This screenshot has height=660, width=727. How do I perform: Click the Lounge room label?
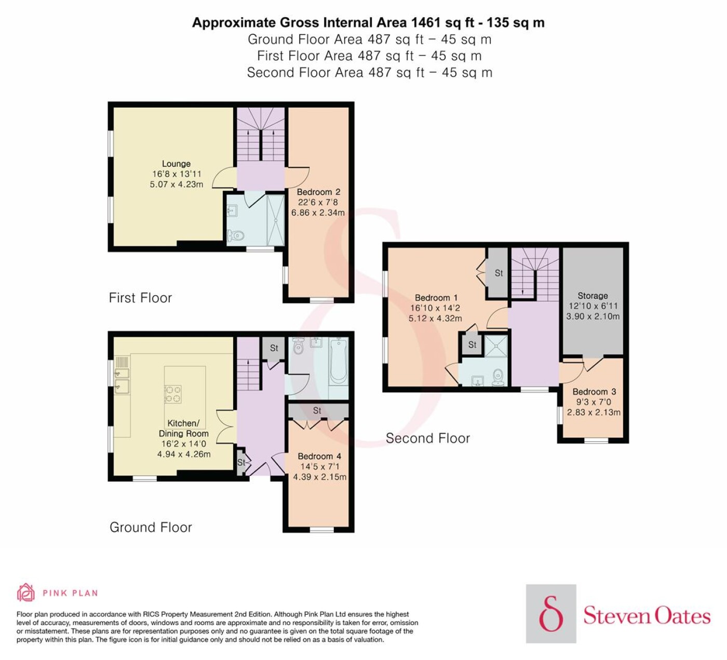click(176, 164)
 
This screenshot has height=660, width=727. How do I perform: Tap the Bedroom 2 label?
click(318, 192)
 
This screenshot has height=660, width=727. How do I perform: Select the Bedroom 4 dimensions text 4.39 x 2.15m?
click(320, 477)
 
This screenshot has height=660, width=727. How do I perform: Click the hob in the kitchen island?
click(173, 394)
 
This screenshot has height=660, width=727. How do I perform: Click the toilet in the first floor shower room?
click(235, 236)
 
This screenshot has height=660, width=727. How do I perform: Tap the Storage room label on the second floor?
click(593, 296)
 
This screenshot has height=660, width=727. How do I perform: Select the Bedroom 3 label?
click(595, 392)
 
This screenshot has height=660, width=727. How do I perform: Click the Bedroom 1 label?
click(436, 298)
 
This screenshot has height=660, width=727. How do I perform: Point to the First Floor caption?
click(140, 298)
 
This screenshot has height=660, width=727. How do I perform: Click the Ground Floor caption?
click(151, 527)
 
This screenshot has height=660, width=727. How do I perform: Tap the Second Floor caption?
click(428, 438)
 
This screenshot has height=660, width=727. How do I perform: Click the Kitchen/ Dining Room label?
click(183, 428)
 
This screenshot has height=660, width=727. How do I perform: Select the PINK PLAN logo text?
click(70, 593)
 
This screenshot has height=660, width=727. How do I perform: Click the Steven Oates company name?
click(647, 616)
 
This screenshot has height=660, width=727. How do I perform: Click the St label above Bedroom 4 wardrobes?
click(317, 411)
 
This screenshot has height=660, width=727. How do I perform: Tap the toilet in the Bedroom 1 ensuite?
click(499, 377)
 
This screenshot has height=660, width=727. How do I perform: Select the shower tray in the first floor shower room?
click(275, 220)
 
